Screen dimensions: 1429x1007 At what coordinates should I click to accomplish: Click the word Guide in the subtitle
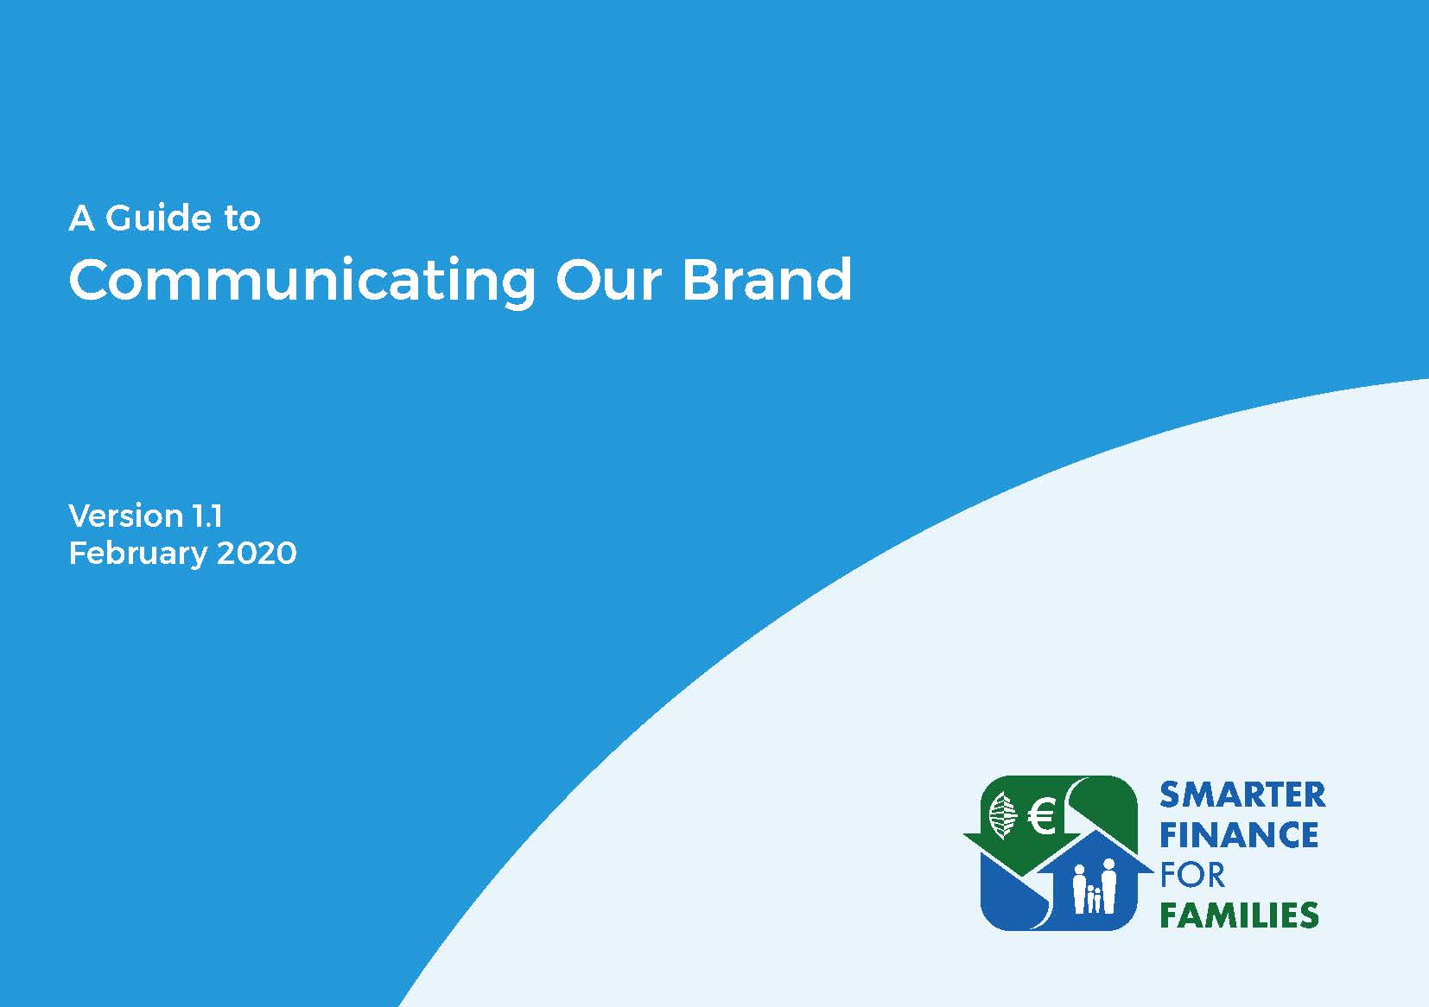tap(159, 218)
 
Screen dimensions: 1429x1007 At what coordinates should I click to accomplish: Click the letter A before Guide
tap(82, 218)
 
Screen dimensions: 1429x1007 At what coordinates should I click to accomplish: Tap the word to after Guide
tap(242, 218)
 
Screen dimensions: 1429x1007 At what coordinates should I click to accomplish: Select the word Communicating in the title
tap(302, 282)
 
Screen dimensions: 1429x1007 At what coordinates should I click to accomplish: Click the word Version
tap(126, 516)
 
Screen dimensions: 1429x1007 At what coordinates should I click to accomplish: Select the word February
tap(137, 554)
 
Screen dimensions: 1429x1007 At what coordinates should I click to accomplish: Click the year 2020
tap(257, 553)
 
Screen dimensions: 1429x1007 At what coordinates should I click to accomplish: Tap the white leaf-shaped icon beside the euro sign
tap(1002, 815)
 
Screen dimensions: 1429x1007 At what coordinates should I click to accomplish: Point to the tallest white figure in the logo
tap(1108, 886)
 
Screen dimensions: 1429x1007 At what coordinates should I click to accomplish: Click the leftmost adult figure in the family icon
tap(1079, 889)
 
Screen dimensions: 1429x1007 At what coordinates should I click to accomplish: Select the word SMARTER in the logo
tap(1242, 795)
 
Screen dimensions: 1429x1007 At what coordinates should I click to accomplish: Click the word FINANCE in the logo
tap(1239, 835)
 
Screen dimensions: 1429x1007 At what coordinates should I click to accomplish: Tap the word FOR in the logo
tap(1192, 875)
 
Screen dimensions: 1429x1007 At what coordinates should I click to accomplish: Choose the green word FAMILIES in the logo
tap(1239, 915)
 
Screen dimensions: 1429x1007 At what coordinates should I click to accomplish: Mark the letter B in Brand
tap(702, 279)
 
